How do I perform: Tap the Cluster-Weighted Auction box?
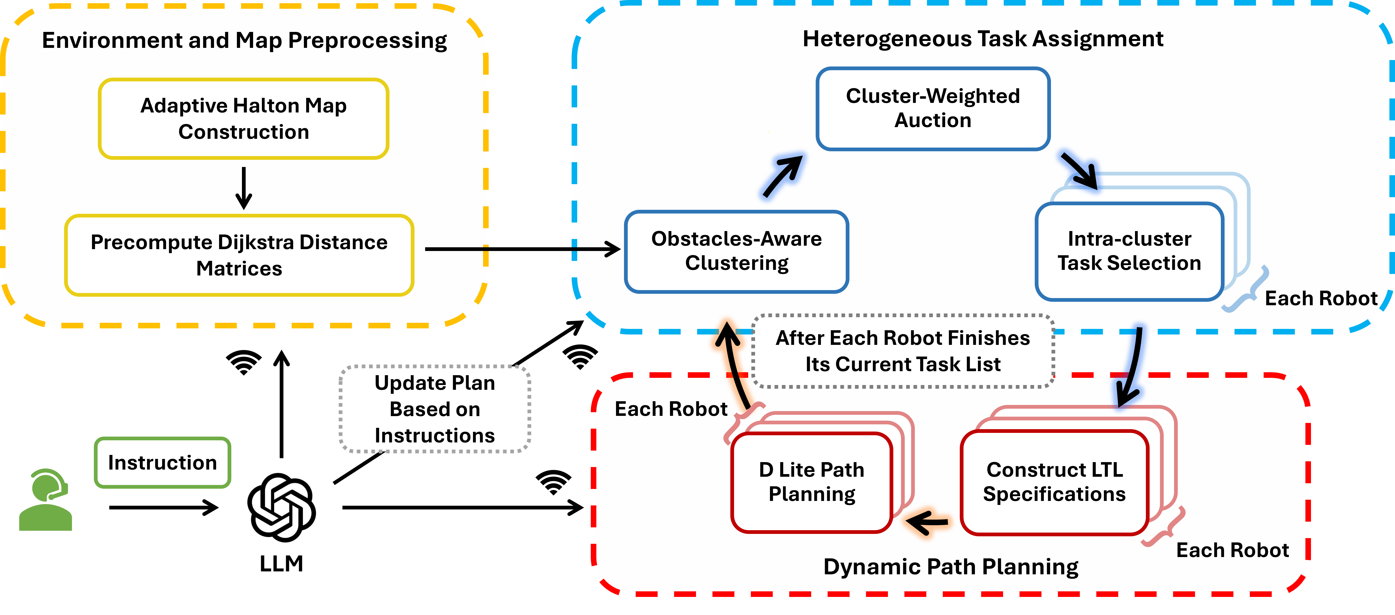tap(933, 108)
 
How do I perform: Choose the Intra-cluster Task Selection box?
tap(1129, 251)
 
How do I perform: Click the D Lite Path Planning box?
tap(811, 482)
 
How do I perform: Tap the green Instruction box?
tap(162, 463)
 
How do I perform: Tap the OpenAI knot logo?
tap(281, 507)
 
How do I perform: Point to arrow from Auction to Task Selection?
tap(1079, 170)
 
